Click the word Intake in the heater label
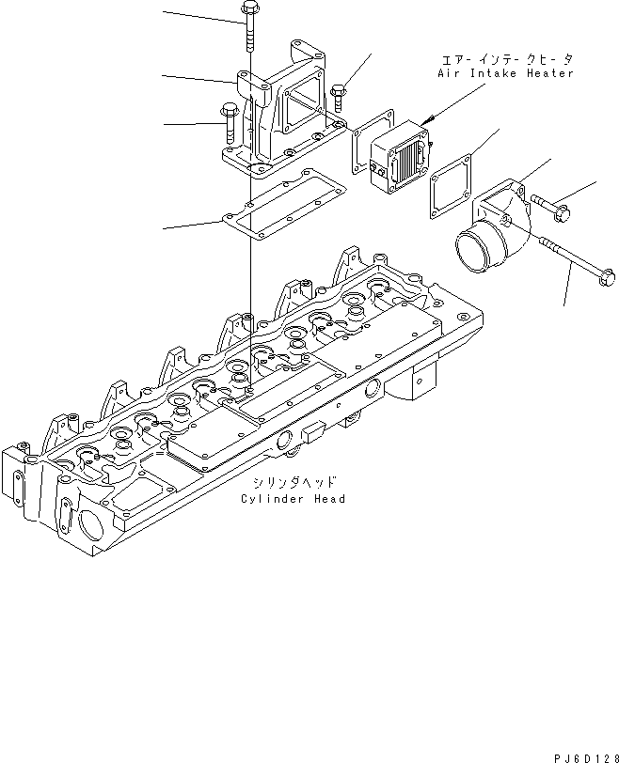pos(490,73)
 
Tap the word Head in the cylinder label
pos(329,499)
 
